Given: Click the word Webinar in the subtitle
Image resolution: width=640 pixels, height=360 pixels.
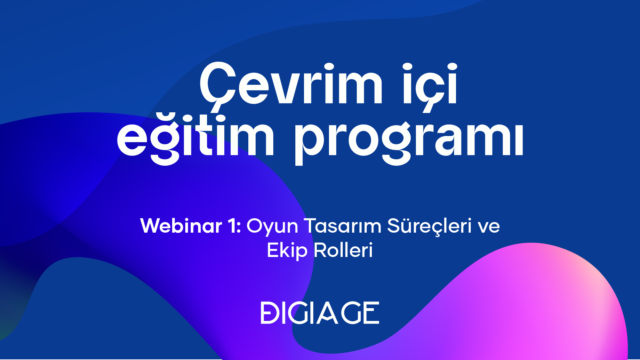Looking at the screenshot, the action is [x=181, y=226].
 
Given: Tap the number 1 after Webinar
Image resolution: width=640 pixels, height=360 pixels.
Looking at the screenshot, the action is [x=233, y=226].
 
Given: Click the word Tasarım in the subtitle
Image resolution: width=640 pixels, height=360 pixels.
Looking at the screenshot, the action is [x=342, y=226].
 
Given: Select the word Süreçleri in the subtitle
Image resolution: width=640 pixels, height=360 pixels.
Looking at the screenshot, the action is [x=429, y=227].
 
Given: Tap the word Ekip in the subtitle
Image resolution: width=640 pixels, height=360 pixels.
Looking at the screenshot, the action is [x=287, y=251].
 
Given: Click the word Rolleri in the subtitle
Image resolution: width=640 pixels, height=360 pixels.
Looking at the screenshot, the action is [x=343, y=250].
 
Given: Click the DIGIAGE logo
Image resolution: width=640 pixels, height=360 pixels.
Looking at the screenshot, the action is [x=320, y=313].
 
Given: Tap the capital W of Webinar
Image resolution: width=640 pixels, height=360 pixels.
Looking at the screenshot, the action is [x=153, y=226].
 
